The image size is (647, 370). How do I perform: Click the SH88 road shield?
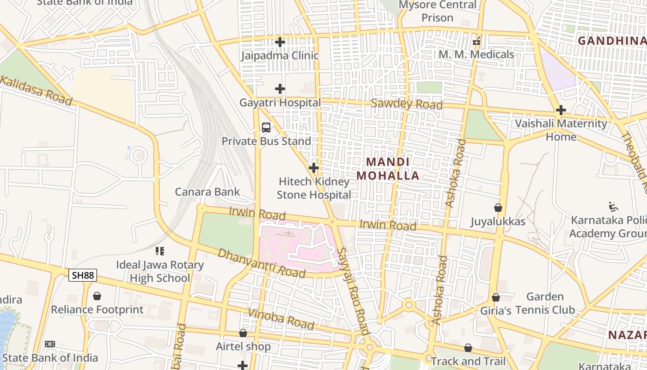pos(83,276)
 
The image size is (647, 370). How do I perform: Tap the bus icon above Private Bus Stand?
pos(266,127)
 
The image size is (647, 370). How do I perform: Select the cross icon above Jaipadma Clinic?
pos(280,42)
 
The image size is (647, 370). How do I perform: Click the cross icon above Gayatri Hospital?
pos(280,88)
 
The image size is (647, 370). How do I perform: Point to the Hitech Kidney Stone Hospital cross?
pos(314,167)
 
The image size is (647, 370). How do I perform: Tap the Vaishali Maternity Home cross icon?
pos(561,110)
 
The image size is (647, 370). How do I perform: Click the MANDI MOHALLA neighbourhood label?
pos(388,169)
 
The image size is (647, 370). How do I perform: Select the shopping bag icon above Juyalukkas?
pos(498,208)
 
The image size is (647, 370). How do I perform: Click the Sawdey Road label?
pos(407,104)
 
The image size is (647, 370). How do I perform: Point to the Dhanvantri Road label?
pos(262,263)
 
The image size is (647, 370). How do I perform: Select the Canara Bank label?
pos(207,192)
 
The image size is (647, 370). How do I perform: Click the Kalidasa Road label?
pos(36,91)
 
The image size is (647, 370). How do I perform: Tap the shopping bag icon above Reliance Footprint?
pos(97,296)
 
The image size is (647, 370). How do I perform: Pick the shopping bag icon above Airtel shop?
pos(243,333)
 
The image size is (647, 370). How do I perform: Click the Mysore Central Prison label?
pos(437,11)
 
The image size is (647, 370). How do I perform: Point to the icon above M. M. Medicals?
pos(476,42)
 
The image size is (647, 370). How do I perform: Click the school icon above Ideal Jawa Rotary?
pos(160,251)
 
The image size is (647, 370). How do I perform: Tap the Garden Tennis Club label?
pos(545,303)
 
